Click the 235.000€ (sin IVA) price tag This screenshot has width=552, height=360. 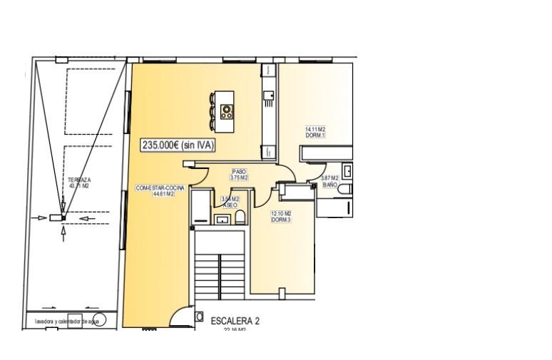(178, 145)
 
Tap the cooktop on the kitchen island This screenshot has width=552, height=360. (228, 110)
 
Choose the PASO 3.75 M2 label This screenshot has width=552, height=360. (238, 175)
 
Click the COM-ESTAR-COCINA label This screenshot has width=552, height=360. (160, 190)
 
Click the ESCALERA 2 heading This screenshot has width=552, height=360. (235, 321)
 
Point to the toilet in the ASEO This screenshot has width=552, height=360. (240, 217)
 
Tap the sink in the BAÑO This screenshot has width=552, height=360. (347, 170)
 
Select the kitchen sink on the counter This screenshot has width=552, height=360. (268, 96)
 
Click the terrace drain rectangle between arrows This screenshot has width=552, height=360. (55, 217)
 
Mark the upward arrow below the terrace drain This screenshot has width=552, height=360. (63, 233)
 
